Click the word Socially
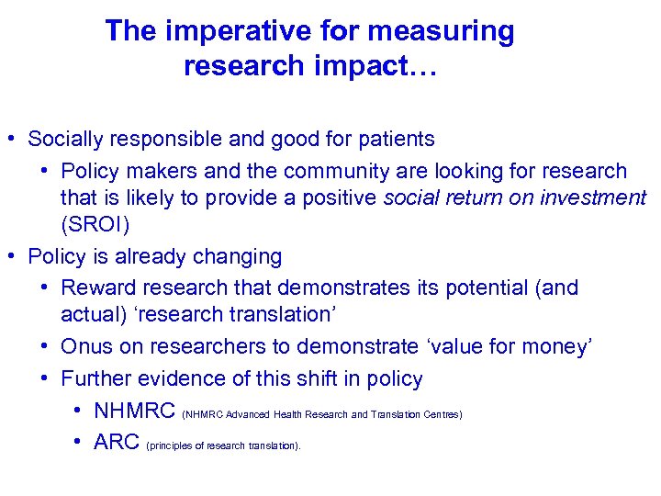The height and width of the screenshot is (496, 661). [62, 140]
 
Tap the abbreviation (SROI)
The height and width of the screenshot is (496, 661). [95, 225]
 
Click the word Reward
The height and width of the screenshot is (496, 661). [97, 287]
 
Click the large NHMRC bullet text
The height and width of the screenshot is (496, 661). [135, 411]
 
